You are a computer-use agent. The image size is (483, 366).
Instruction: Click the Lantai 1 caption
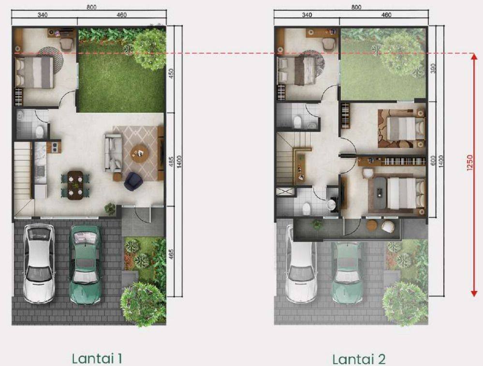(97, 358)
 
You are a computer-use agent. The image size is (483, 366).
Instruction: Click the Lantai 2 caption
(359, 359)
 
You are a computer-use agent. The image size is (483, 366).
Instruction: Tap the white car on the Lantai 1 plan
(40, 264)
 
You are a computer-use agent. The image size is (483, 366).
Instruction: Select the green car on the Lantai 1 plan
(85, 264)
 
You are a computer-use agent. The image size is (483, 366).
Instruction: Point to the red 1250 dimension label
(469, 162)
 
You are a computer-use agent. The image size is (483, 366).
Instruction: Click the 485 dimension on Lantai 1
(172, 161)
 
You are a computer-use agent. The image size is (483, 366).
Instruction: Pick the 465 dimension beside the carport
(172, 254)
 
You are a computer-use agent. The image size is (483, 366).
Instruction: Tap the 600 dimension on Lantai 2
(433, 161)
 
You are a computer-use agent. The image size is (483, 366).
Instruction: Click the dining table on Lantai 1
(75, 186)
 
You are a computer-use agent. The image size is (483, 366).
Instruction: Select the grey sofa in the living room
(113, 152)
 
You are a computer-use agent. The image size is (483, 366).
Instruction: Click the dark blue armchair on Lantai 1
(133, 181)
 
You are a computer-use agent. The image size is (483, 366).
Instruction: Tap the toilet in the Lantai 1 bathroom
(40, 132)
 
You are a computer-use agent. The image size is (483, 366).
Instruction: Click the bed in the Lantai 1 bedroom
(34, 73)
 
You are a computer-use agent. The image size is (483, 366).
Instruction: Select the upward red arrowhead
(474, 57)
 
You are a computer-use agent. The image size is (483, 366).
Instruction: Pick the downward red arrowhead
(474, 293)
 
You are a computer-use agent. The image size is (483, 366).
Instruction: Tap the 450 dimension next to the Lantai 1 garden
(172, 73)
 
